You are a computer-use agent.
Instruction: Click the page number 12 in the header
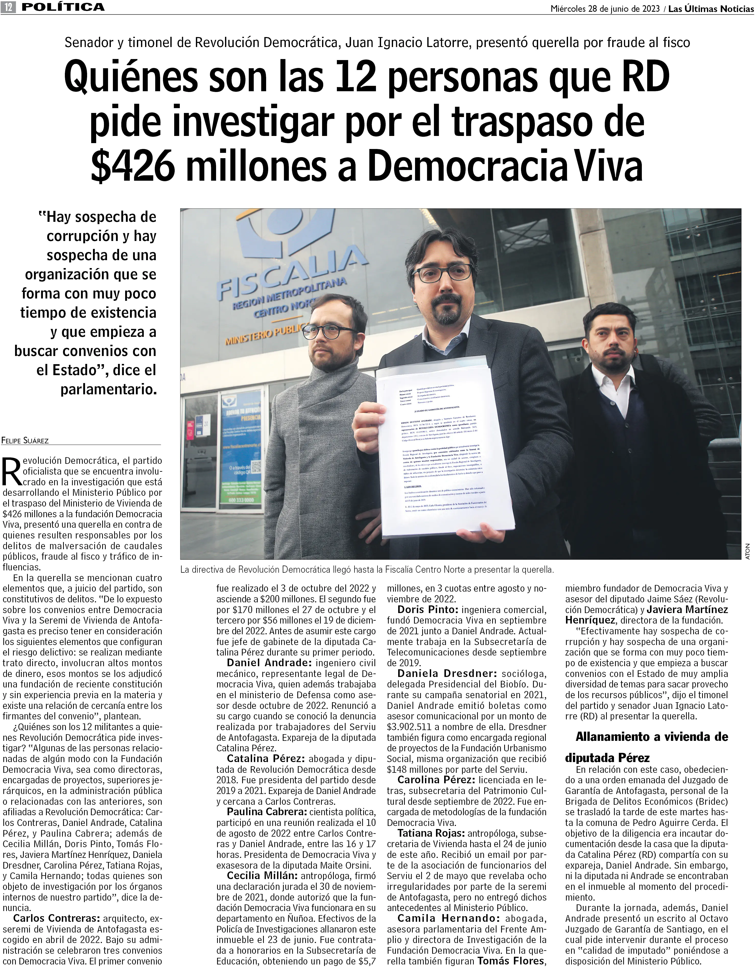pos(9,7)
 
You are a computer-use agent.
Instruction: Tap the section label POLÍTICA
pos(63,7)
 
